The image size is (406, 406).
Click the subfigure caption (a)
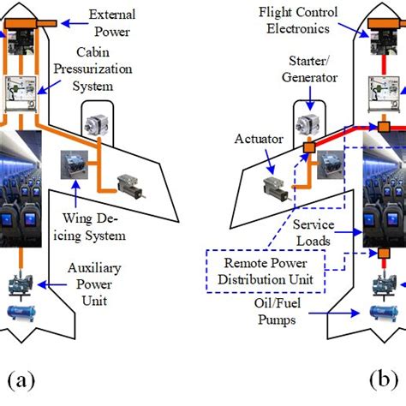21,380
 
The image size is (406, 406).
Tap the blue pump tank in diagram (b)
380,313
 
